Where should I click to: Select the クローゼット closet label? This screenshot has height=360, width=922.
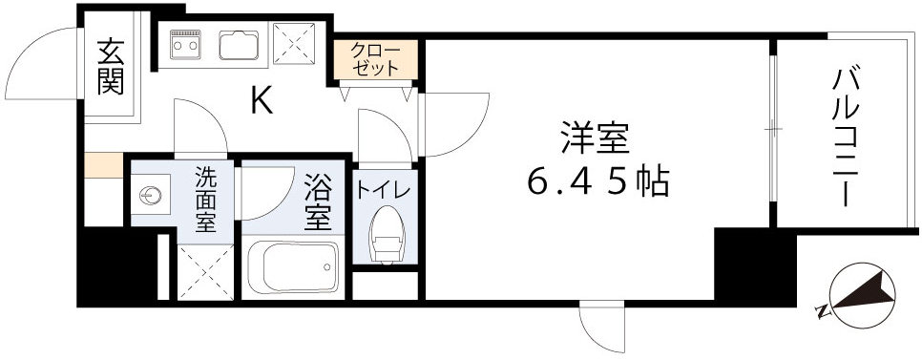[x=376, y=60]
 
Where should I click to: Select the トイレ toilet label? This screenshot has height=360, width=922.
[x=384, y=189]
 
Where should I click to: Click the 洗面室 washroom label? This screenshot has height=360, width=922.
[x=206, y=200]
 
